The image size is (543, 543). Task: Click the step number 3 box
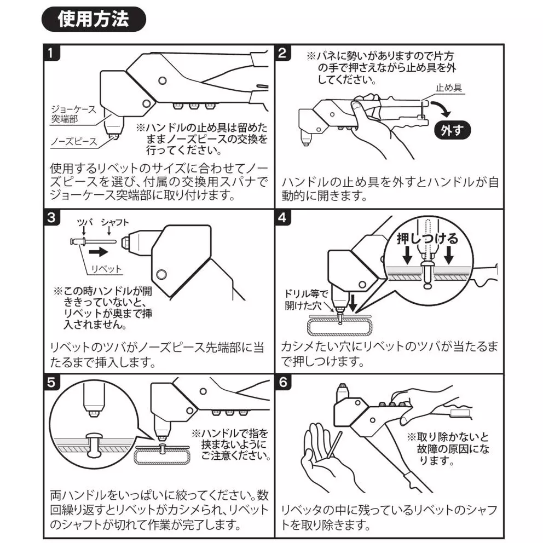[50, 217]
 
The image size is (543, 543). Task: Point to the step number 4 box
[282, 217]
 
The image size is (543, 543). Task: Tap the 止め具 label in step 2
[448, 88]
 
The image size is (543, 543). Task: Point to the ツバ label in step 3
[86, 222]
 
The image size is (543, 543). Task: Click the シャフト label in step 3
[115, 222]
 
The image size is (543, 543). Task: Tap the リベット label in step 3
[107, 269]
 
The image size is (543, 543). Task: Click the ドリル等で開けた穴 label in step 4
[305, 301]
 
